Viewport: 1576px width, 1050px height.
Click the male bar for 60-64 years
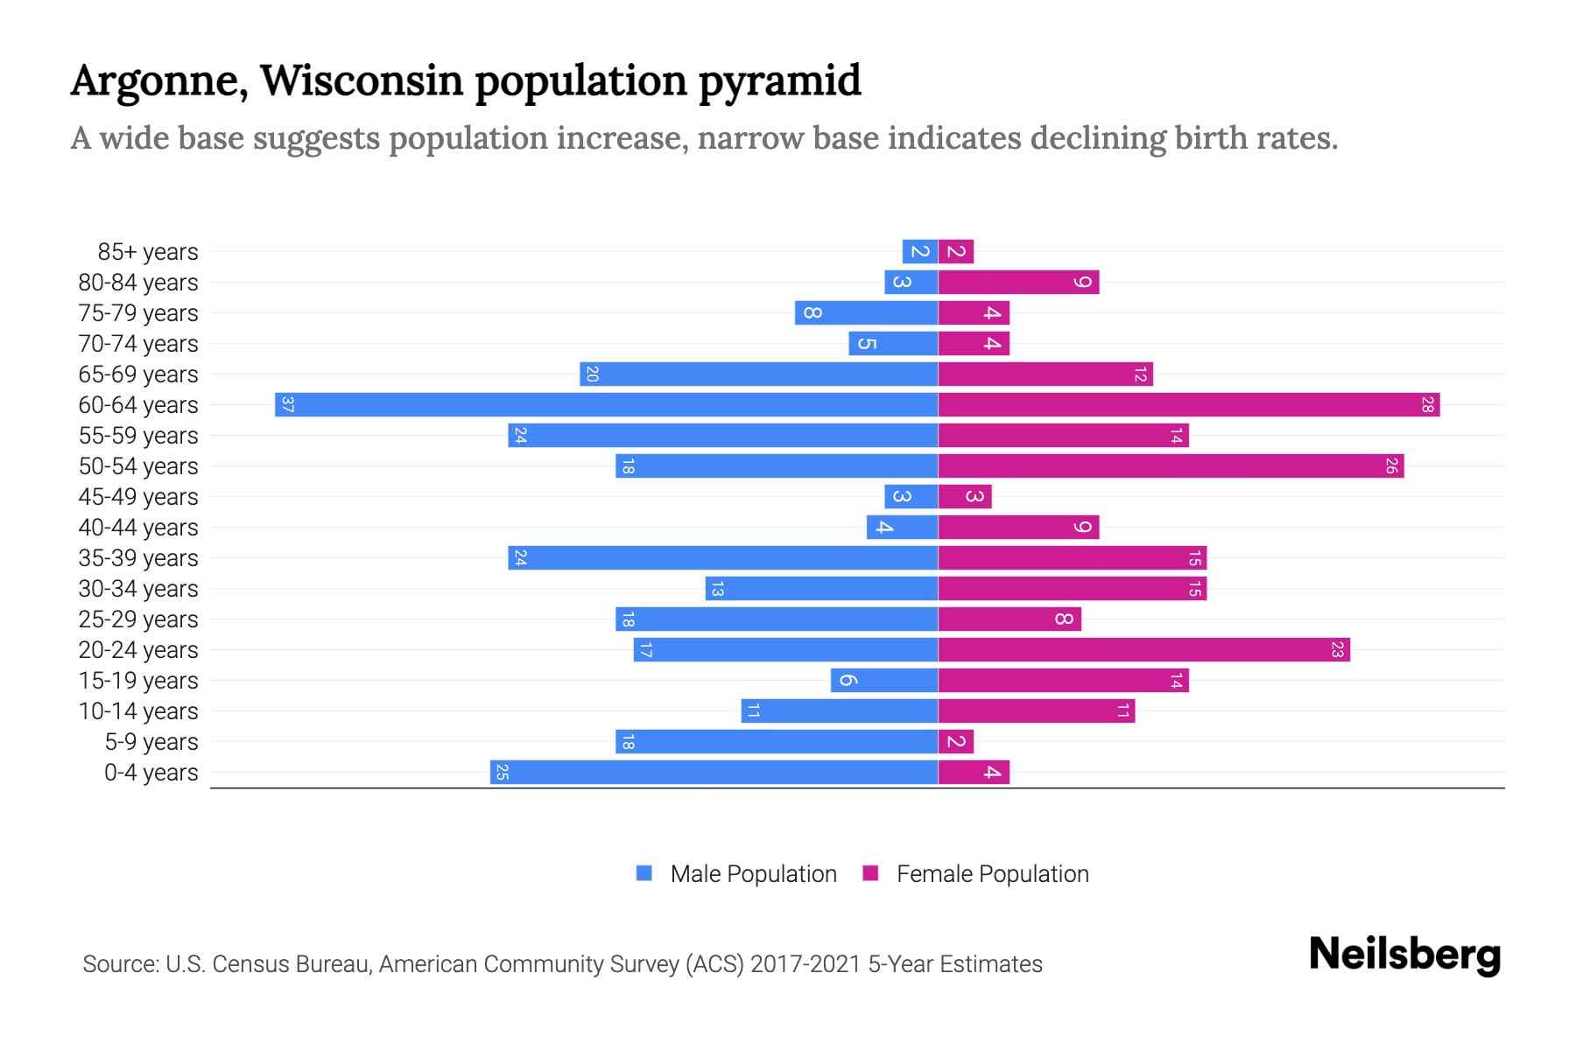[606, 405]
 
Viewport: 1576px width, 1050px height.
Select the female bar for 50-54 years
[1171, 466]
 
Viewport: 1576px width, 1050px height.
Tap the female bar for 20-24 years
[1143, 650]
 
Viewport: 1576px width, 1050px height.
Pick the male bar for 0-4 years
[714, 773]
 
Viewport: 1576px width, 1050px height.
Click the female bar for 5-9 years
[955, 742]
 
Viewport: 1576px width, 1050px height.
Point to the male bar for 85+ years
[919, 252]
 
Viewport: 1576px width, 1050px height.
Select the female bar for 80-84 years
[1018, 283]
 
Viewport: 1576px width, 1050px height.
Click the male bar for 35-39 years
[722, 558]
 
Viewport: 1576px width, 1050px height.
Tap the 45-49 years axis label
[138, 497]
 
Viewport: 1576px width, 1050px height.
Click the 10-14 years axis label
[138, 711]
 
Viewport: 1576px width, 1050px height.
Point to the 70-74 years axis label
[138, 344]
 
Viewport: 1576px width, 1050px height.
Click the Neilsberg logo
[1404, 955]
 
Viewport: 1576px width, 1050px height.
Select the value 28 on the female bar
[1427, 405]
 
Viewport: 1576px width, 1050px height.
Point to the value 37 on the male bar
[287, 405]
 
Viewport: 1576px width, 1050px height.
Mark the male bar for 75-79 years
[866, 313]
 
